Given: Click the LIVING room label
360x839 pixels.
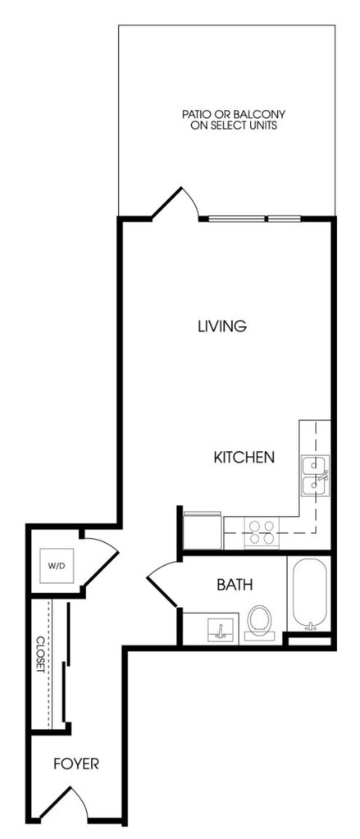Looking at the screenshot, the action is pos(222,326).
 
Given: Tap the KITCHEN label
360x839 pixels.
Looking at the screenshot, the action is pos(244,458).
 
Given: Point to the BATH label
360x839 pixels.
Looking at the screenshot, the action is pos(235,585).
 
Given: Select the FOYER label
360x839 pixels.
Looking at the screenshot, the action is pos(76,764).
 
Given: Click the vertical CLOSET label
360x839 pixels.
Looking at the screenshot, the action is pos(40,655).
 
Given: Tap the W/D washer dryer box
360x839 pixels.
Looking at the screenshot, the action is pos(57,566).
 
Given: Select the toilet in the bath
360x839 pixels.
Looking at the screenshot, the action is pos(259,623).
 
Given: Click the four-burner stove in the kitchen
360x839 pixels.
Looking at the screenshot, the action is pos(262,533).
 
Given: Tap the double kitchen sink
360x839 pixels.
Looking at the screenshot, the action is pos(315,476).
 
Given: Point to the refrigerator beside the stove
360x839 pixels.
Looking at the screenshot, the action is pos(203,530).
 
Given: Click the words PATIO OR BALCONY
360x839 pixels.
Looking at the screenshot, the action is pos(234,114).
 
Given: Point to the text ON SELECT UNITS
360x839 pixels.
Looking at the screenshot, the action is pos(234,125).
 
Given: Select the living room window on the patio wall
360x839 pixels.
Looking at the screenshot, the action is pos(254,218).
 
